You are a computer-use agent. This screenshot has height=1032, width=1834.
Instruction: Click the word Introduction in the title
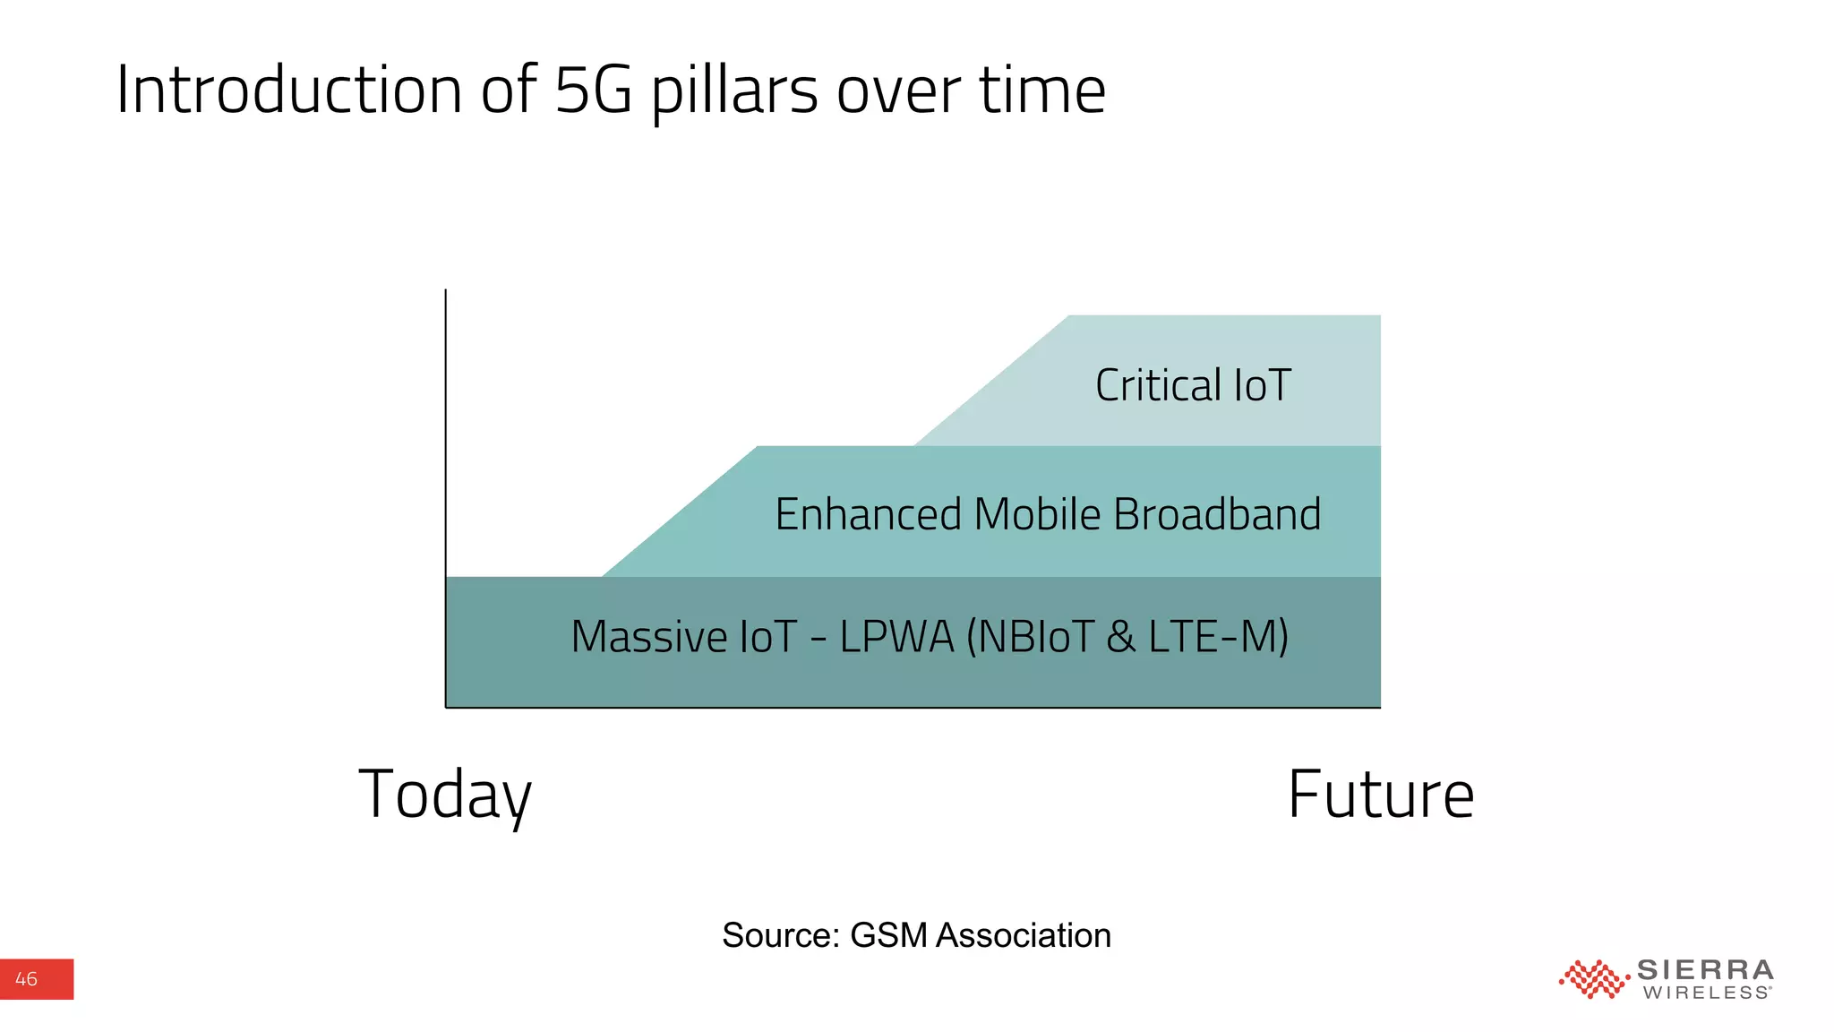[289, 90]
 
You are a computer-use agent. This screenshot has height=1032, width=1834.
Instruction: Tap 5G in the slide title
[594, 90]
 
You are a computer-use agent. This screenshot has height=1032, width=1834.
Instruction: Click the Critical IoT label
[1192, 385]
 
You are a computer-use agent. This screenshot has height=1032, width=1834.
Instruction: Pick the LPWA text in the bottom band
[896, 637]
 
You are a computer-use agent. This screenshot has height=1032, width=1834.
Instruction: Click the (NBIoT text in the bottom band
[1029, 637]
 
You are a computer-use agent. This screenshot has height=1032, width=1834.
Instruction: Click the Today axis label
[445, 795]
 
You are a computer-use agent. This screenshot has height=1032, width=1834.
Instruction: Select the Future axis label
[1380, 795]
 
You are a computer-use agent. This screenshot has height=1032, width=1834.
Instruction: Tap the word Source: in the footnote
[780, 935]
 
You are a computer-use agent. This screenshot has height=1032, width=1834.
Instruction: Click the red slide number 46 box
[36, 979]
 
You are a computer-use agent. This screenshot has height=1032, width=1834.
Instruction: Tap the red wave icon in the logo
[1592, 979]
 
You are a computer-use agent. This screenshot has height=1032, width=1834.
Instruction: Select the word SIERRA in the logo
[1704, 970]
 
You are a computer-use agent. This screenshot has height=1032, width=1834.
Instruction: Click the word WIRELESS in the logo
[1705, 993]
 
